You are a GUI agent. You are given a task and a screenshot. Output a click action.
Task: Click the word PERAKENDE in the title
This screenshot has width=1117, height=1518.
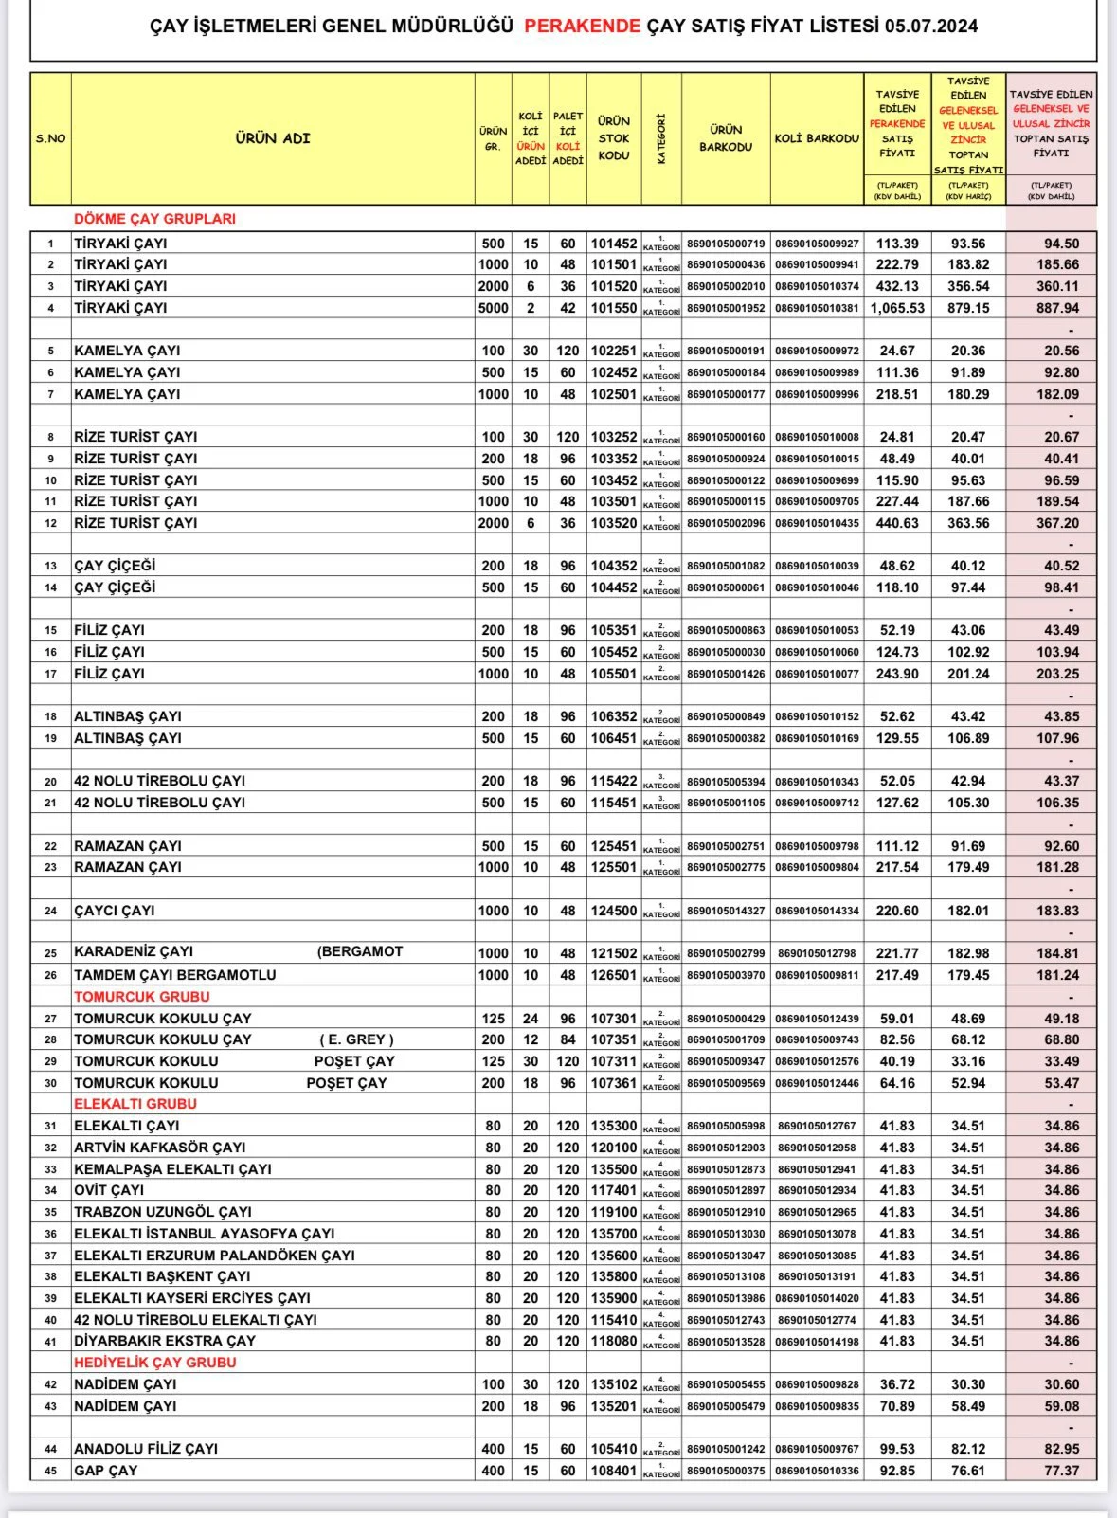[x=583, y=27]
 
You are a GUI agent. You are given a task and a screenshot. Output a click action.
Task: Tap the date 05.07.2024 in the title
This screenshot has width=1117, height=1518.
[x=931, y=27]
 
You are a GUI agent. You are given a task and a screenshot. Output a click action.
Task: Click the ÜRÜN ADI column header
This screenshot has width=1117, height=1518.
[x=273, y=138]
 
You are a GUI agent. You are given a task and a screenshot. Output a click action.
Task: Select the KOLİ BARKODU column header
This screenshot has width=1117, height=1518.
[x=817, y=138]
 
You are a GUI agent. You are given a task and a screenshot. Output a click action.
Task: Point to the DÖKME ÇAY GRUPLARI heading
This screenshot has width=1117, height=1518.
[x=154, y=219]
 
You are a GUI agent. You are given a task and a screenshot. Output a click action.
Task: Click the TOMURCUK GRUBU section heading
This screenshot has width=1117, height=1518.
[x=142, y=997]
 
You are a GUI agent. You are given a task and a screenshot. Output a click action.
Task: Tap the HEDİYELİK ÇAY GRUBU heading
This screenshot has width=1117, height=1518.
[x=155, y=1363]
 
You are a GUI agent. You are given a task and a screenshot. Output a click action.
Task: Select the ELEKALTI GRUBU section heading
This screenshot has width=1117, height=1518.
[x=135, y=1104]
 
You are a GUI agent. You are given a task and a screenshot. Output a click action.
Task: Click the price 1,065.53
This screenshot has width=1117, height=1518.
[x=897, y=308]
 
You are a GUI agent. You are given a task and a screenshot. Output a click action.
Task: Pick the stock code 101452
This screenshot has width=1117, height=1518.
[x=614, y=244]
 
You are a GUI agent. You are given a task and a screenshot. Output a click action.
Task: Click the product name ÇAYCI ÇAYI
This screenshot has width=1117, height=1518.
[x=115, y=911]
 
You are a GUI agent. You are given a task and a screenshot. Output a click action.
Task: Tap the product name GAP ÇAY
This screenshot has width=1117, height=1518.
[x=106, y=1471]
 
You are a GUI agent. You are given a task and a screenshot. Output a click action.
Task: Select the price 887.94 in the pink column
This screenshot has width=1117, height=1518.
[x=1058, y=308]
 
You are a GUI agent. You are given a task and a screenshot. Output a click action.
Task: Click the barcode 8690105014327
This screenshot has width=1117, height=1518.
[x=726, y=911]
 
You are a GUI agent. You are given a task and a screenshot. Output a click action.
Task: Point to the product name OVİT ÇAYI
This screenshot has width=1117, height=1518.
[x=110, y=1190]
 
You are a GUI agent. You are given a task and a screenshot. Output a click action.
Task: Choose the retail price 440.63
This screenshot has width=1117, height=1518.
[x=897, y=523]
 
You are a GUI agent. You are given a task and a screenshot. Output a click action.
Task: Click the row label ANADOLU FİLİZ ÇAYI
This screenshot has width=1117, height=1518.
[x=146, y=1449]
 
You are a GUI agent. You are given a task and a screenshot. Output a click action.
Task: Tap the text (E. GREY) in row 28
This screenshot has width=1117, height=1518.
[x=355, y=1039]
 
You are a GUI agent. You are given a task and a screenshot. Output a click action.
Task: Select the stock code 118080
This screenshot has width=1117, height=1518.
[x=614, y=1341]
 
